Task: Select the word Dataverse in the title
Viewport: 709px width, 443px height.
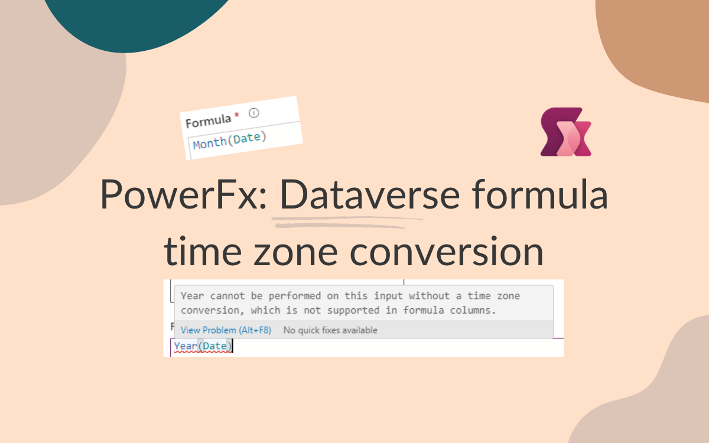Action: click(x=370, y=194)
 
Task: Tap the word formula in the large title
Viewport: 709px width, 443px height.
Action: click(x=539, y=194)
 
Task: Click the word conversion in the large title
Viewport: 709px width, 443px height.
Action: click(x=447, y=252)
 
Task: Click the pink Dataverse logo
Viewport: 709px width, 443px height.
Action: click(x=565, y=132)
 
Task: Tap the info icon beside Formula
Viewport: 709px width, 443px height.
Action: click(x=254, y=113)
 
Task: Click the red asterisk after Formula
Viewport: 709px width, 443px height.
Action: click(x=237, y=115)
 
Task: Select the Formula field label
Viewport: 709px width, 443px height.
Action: click(x=208, y=121)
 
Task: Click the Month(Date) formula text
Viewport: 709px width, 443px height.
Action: click(x=230, y=141)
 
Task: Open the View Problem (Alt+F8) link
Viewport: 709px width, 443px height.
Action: click(x=226, y=330)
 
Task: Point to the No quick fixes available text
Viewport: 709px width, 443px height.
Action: click(x=330, y=330)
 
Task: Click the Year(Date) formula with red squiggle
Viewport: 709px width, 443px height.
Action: click(x=203, y=346)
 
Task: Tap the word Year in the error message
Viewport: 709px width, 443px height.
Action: click(x=192, y=296)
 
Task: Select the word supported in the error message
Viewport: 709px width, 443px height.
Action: click(x=353, y=311)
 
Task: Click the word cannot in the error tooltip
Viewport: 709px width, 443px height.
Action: click(x=227, y=296)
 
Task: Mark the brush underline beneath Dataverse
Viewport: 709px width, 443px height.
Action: click(x=347, y=222)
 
